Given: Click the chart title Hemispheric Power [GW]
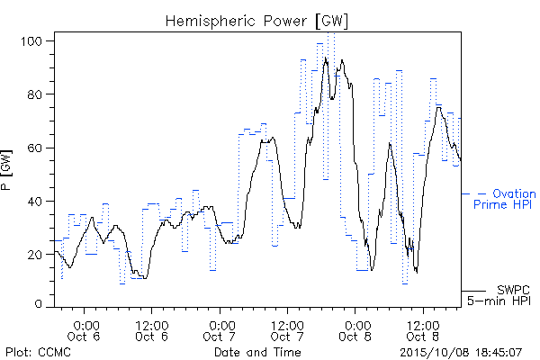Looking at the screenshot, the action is (256, 22).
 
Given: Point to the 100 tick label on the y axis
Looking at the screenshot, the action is (31, 41).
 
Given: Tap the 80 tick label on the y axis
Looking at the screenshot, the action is (35, 94).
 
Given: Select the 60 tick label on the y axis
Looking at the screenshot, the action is (35, 148).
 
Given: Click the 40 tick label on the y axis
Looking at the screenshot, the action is (35, 202).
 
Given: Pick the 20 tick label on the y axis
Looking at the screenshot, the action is (35, 256).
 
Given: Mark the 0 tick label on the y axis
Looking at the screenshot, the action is (39, 304).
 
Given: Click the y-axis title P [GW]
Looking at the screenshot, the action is (6, 170).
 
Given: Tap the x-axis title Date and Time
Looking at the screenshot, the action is (257, 352).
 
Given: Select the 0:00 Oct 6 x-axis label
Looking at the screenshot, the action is (84, 331).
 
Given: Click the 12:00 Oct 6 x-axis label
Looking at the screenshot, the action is (152, 331).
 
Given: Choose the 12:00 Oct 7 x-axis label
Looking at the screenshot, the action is (287, 331).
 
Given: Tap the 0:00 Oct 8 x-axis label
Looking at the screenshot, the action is (355, 331).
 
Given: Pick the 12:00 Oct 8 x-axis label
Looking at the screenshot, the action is (423, 331).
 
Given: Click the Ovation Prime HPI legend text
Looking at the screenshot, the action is (505, 199).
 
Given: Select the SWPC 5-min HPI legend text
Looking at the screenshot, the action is (499, 295).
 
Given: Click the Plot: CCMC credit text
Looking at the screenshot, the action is (38, 353).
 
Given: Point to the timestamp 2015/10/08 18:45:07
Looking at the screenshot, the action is (461, 353).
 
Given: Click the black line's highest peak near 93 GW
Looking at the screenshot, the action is (326, 58).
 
